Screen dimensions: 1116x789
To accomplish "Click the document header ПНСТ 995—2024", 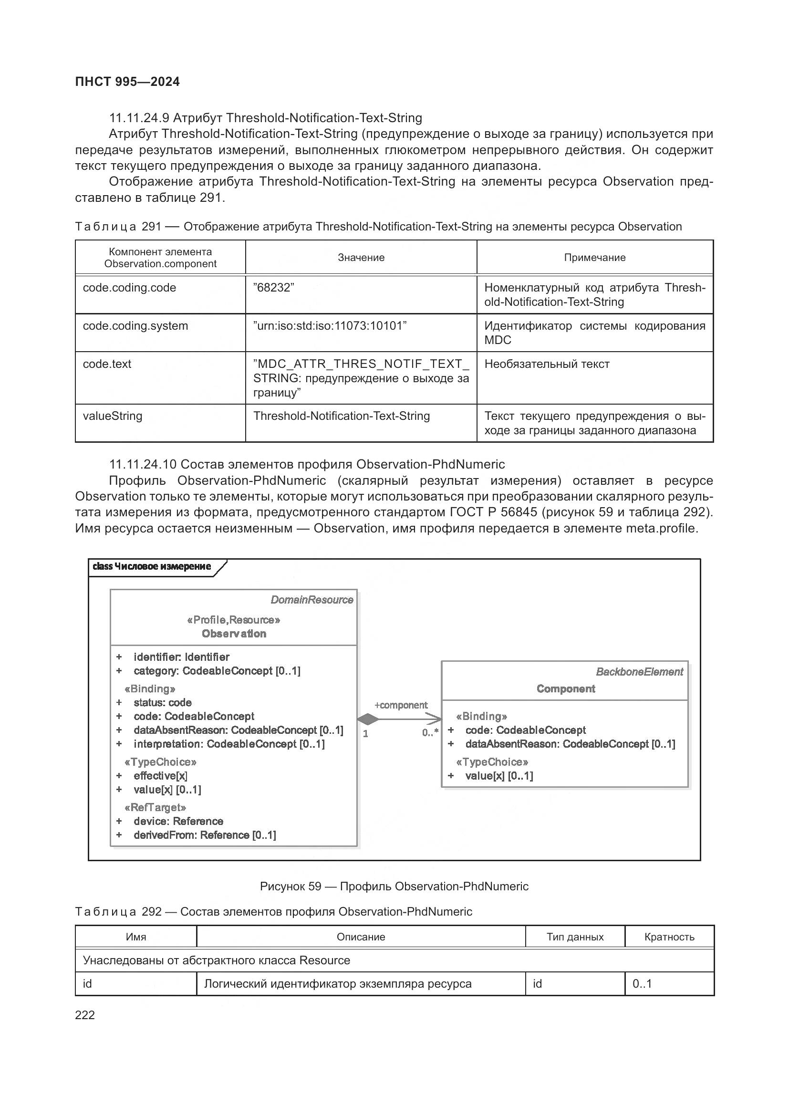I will click(127, 82).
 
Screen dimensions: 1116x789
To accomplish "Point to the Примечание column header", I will click(594, 258).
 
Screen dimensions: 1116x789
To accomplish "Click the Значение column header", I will click(361, 258).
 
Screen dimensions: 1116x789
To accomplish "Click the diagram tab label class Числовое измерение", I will click(152, 566).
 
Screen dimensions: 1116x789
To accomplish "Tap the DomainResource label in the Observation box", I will click(311, 600).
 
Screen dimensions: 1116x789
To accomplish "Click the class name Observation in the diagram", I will click(234, 633).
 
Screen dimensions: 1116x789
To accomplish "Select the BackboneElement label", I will click(639, 672).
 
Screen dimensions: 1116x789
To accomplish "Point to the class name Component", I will click(566, 688).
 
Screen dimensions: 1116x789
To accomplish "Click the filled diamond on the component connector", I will click(368, 719).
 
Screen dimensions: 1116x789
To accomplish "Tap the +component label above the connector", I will click(401, 705).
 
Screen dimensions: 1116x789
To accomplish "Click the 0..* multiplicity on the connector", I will click(430, 732).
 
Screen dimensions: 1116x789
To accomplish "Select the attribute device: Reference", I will click(178, 821).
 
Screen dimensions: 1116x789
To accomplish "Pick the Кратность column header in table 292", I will click(669, 937).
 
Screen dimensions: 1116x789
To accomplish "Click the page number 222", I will click(85, 1015).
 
